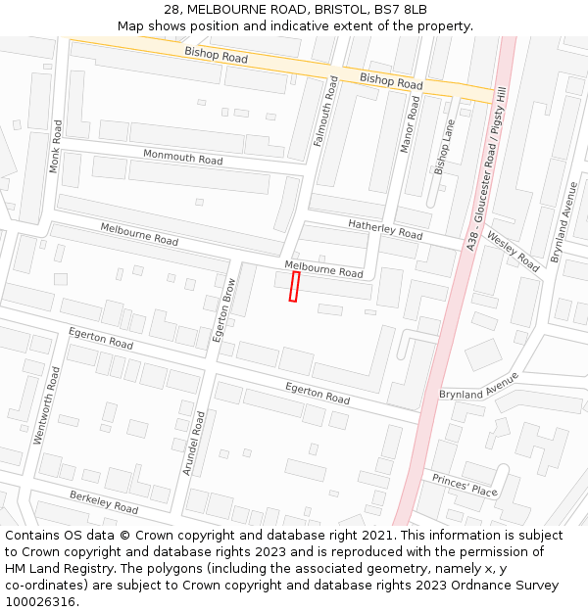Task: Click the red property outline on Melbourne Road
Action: pyautogui.click(x=294, y=287)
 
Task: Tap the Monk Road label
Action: pyautogui.click(x=56, y=147)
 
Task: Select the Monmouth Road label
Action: pyautogui.click(x=182, y=157)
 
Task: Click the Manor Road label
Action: pyautogui.click(x=411, y=123)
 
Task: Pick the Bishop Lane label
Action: pyautogui.click(x=445, y=147)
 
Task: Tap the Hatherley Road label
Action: pyautogui.click(x=385, y=229)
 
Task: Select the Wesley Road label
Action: pyautogui.click(x=513, y=253)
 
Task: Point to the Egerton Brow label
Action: pyautogui.click(x=224, y=310)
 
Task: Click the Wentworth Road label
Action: pyautogui.click(x=47, y=405)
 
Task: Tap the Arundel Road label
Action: pyautogui.click(x=193, y=443)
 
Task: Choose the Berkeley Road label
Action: pyautogui.click(x=104, y=502)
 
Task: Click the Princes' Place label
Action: pyautogui.click(x=465, y=485)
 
